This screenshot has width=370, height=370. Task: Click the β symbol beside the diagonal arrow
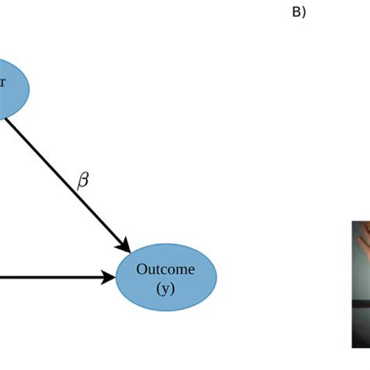[83, 180]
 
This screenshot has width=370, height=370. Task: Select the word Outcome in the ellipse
[165, 269]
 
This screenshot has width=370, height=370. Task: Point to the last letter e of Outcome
[190, 270]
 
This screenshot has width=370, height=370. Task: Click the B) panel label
[299, 12]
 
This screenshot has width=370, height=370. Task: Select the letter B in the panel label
[297, 12]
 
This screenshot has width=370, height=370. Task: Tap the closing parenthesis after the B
[304, 12]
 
